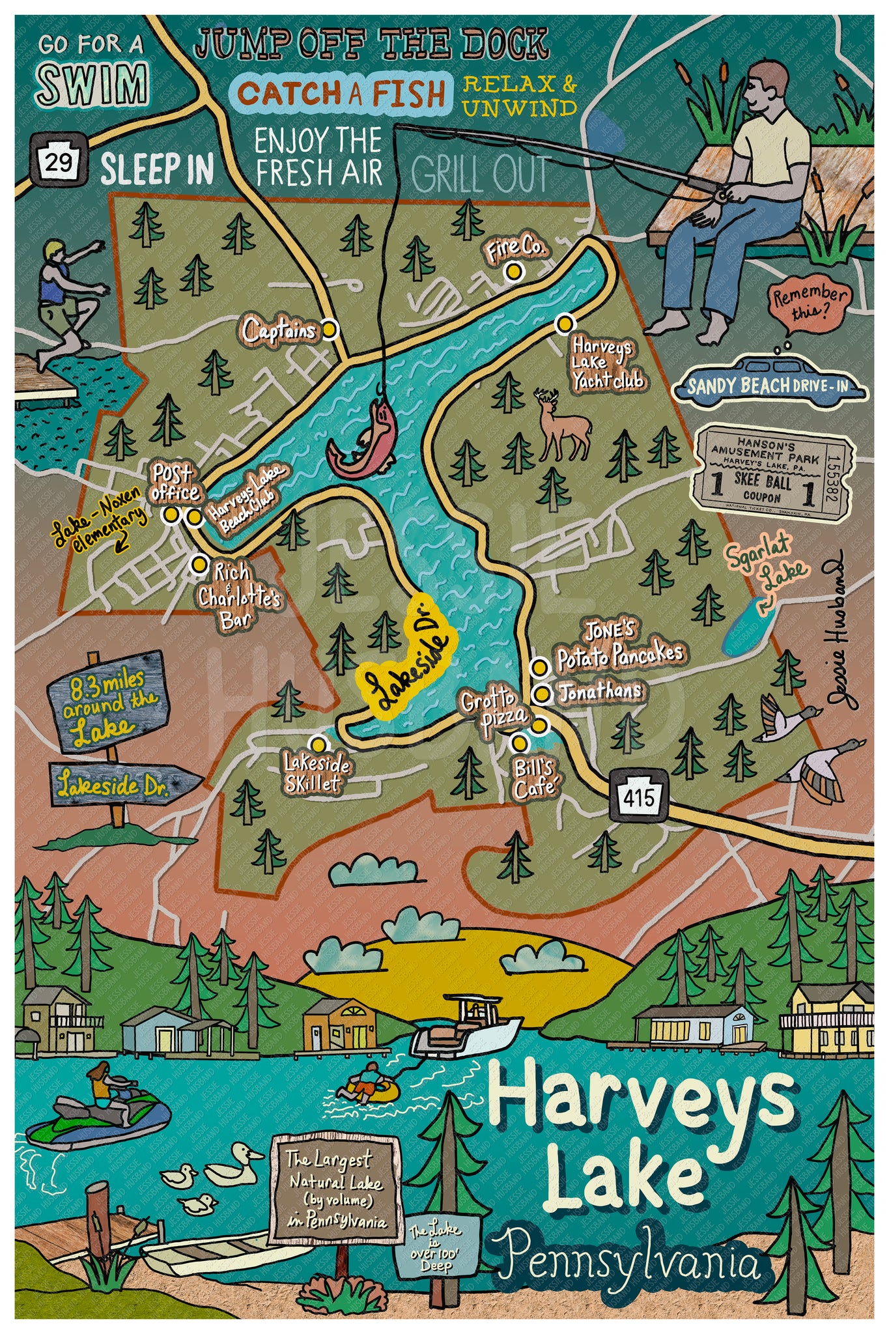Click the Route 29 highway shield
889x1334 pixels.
point(58,160)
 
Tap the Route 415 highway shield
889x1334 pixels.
point(638,796)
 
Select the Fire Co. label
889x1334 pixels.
point(515,249)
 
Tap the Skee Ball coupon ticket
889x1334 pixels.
point(772,473)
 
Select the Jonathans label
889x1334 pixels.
point(599,691)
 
